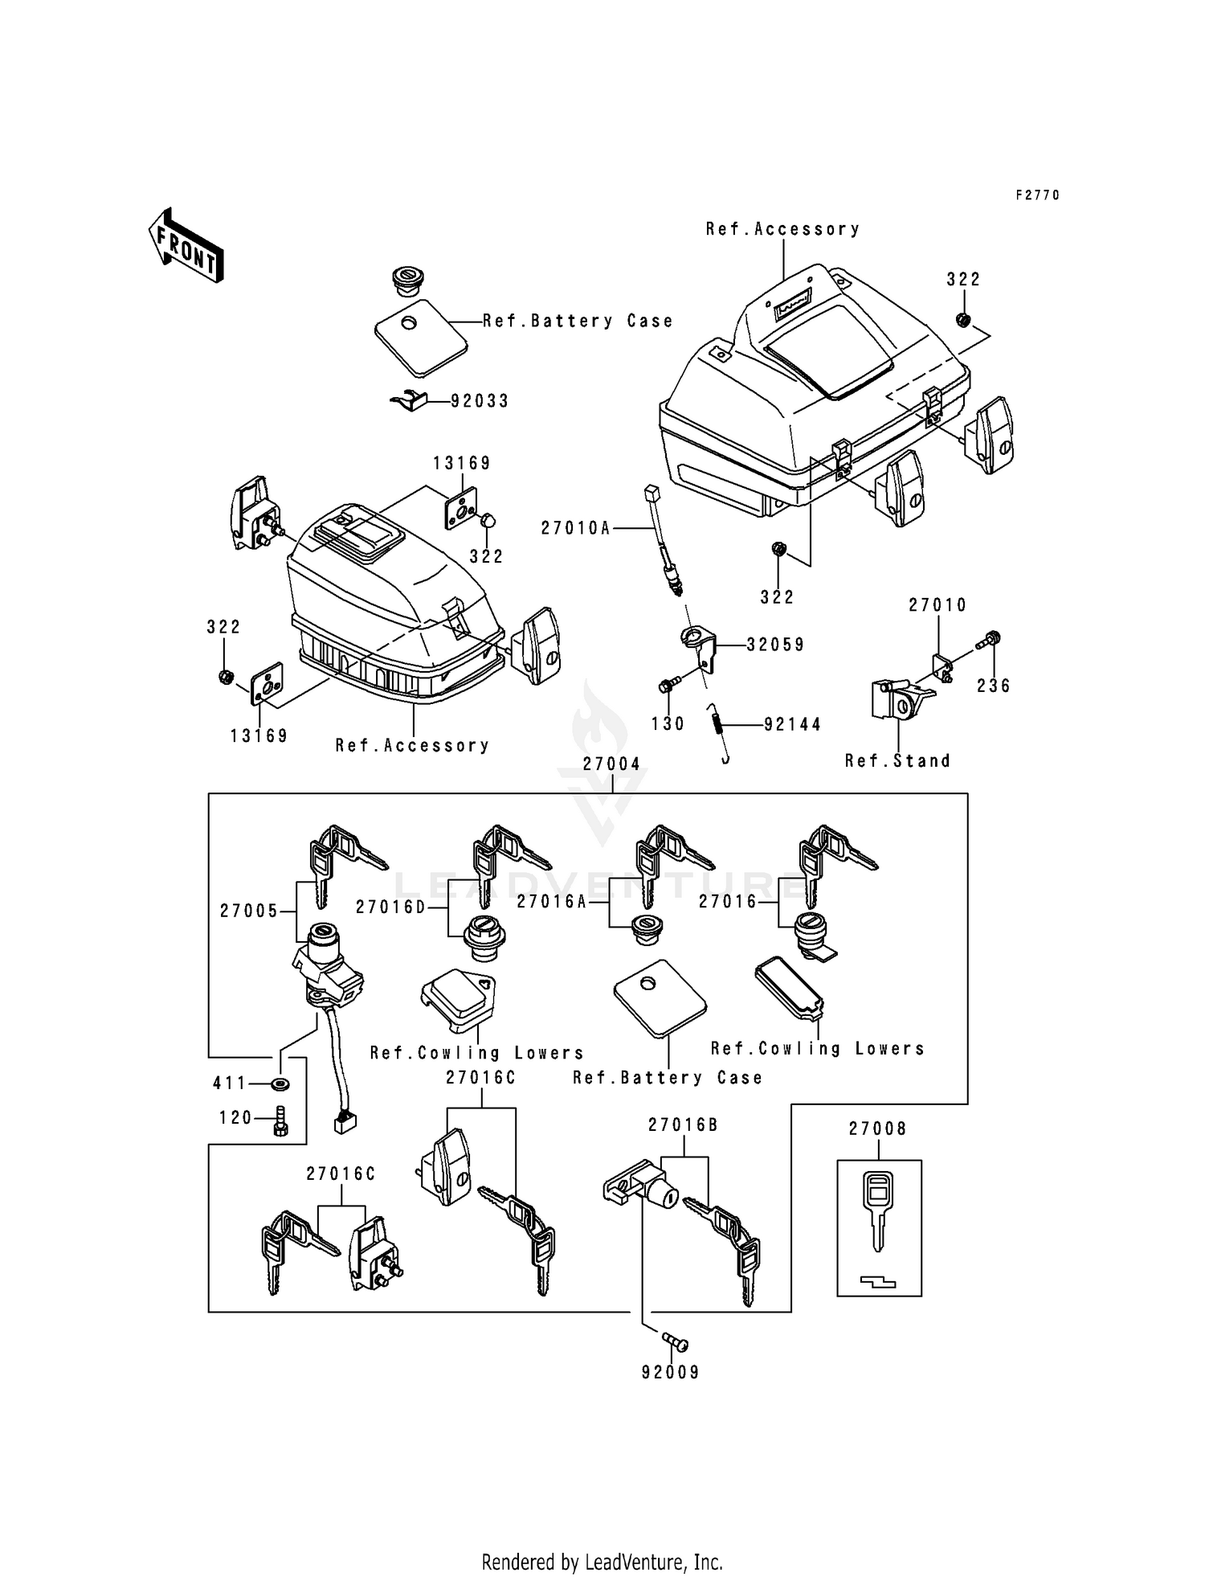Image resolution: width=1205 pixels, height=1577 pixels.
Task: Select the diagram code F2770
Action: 1037,195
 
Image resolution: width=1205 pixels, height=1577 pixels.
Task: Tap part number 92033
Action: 480,400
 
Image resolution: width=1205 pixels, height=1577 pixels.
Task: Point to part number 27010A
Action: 575,528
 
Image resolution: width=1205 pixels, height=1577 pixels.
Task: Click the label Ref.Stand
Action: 897,760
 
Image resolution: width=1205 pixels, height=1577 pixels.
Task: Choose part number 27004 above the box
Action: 612,764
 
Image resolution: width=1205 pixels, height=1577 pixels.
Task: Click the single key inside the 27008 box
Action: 878,1210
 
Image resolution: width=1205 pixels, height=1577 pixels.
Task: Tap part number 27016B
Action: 683,1125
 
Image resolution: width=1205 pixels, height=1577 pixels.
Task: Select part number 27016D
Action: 390,906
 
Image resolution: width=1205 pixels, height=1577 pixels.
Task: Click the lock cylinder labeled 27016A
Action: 645,927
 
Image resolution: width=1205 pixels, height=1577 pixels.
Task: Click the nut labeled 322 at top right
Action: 963,321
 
